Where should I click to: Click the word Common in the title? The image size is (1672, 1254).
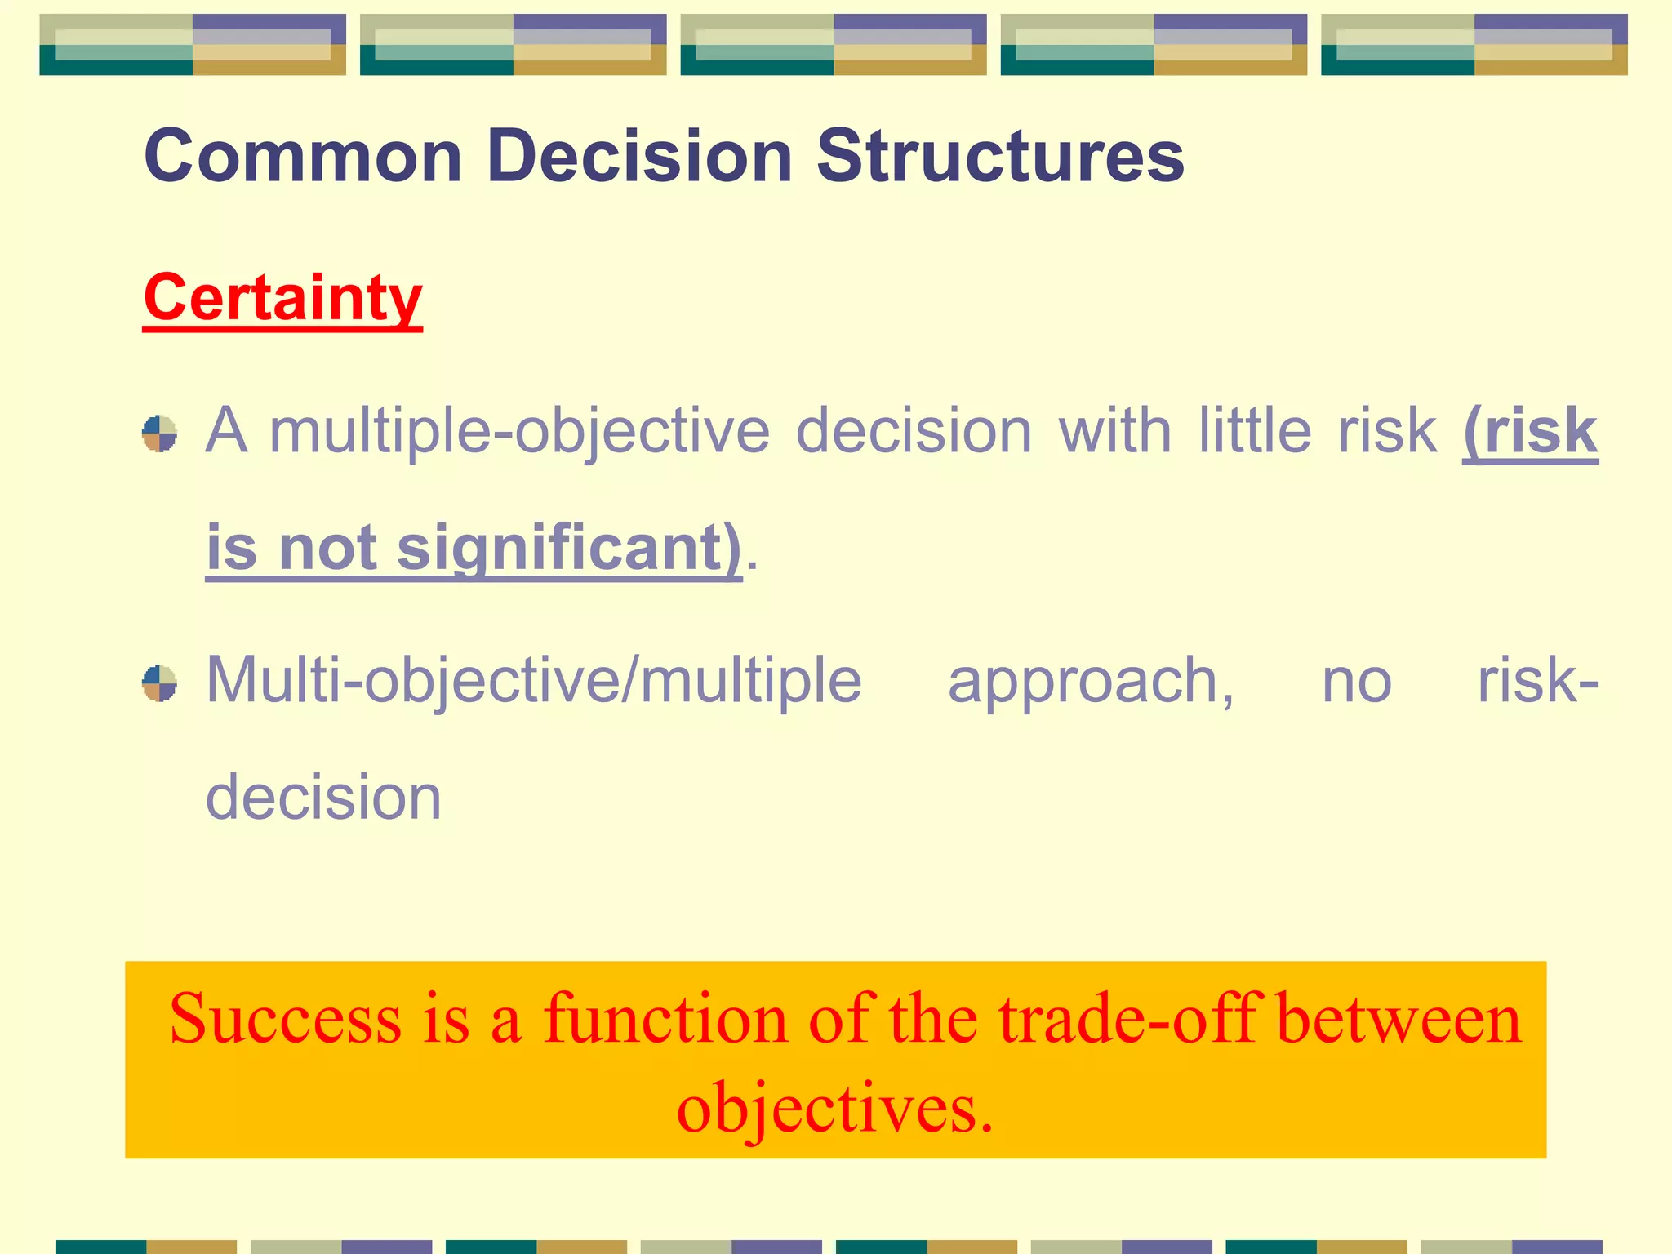point(303,156)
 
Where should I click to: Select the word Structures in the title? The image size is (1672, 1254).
point(1000,156)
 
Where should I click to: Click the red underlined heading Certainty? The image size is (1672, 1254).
point(282,298)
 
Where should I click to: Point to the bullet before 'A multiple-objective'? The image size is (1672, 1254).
point(160,433)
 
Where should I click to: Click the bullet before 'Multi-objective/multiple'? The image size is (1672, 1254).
point(160,683)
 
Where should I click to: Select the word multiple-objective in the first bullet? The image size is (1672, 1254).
point(519,431)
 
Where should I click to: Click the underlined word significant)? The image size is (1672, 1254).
point(569,548)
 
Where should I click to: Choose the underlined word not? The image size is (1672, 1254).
point(327,548)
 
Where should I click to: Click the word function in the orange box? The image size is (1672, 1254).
point(665,1020)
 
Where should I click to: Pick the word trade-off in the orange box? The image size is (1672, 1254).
point(1127,1020)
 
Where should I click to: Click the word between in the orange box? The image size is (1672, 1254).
point(1399,1020)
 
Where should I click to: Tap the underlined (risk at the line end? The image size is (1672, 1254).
point(1530,431)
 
